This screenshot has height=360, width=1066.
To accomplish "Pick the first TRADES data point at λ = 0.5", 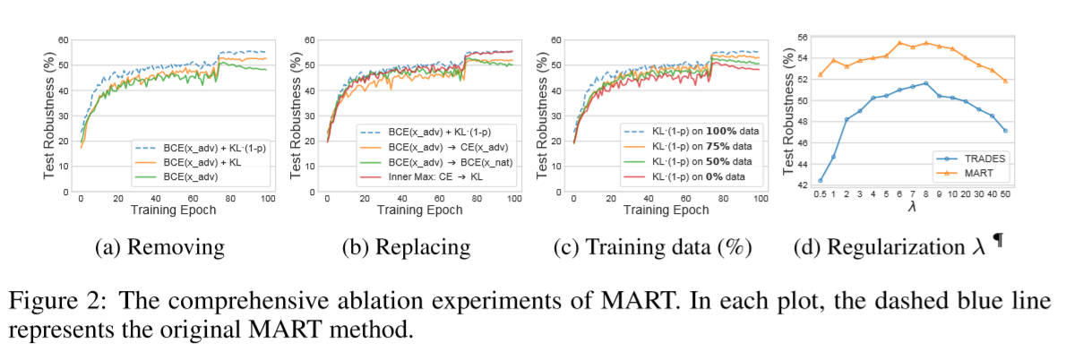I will (x=821, y=181).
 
